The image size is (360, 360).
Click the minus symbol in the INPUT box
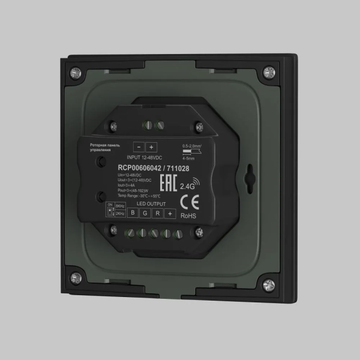[139, 147]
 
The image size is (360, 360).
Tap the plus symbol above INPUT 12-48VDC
[151, 147]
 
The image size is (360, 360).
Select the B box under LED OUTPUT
[133, 214]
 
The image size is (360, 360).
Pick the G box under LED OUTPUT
[145, 214]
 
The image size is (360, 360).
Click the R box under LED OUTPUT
[157, 214]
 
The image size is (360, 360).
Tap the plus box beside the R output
[170, 214]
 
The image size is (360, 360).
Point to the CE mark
[185, 201]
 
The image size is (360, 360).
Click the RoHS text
[188, 215]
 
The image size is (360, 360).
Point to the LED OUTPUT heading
[151, 205]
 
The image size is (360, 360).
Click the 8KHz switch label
[119, 206]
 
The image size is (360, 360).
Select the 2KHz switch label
[119, 214]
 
